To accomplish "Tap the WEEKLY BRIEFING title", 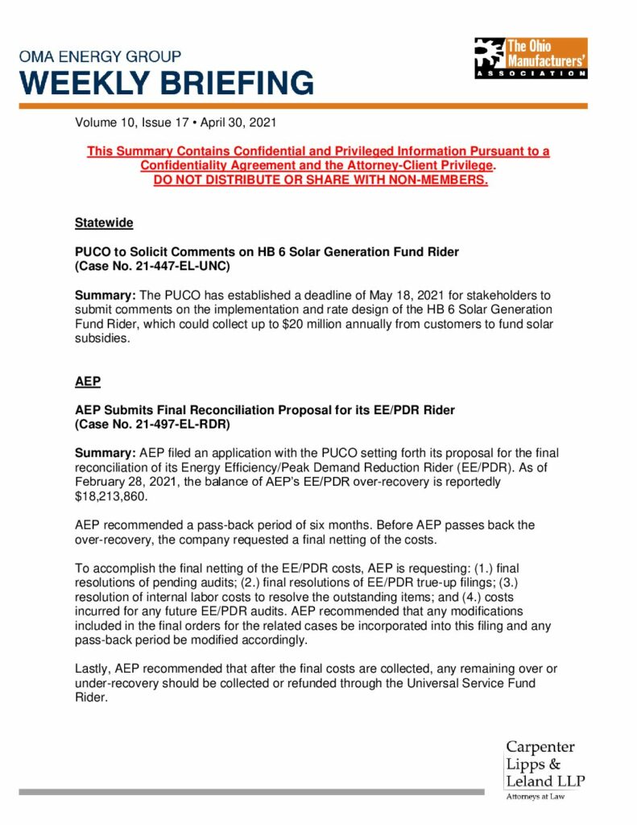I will pyautogui.click(x=167, y=82).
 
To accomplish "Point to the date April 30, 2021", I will pyautogui.click(x=240, y=124).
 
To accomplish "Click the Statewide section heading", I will pyautogui.click(x=104, y=222).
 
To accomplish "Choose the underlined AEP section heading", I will pyautogui.click(x=88, y=380).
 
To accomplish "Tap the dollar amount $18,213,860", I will pyautogui.click(x=110, y=495).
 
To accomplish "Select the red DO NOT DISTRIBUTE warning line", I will pyautogui.click(x=321, y=179).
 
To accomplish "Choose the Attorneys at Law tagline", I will pyautogui.click(x=536, y=797).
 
